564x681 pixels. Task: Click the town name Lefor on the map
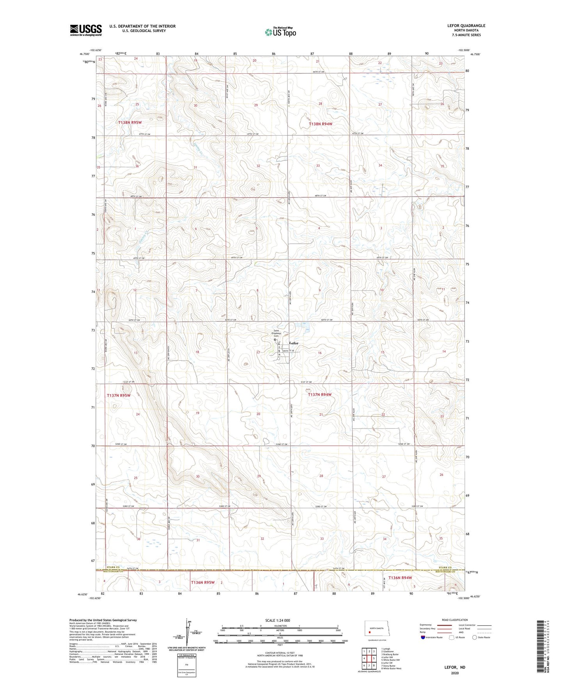pyautogui.click(x=294, y=343)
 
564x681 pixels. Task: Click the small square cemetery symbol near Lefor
pyautogui.click(x=275, y=340)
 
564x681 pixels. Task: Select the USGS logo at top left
pyautogui.click(x=86, y=30)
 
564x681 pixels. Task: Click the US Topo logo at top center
pyautogui.click(x=280, y=32)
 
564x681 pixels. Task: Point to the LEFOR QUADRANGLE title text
pyautogui.click(x=466, y=26)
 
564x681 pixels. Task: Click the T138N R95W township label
pyautogui.click(x=130, y=122)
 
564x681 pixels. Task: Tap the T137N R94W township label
pyautogui.click(x=320, y=395)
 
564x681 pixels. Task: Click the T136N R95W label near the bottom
pyautogui.click(x=203, y=582)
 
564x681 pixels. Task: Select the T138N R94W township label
pyautogui.click(x=320, y=124)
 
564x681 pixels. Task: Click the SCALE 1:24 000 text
pyautogui.click(x=278, y=620)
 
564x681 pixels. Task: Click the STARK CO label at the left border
pyautogui.click(x=113, y=567)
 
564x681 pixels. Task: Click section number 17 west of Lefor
pyautogui.click(x=258, y=353)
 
